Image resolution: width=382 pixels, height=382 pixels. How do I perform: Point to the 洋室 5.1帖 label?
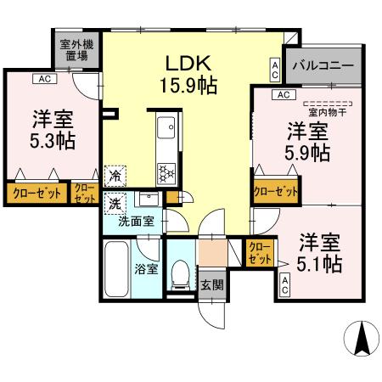point(318,253)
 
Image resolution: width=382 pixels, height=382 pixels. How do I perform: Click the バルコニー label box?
point(323,65)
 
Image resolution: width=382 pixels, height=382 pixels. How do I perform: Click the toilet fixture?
point(178,271)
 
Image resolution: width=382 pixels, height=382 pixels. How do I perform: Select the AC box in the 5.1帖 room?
point(285,286)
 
